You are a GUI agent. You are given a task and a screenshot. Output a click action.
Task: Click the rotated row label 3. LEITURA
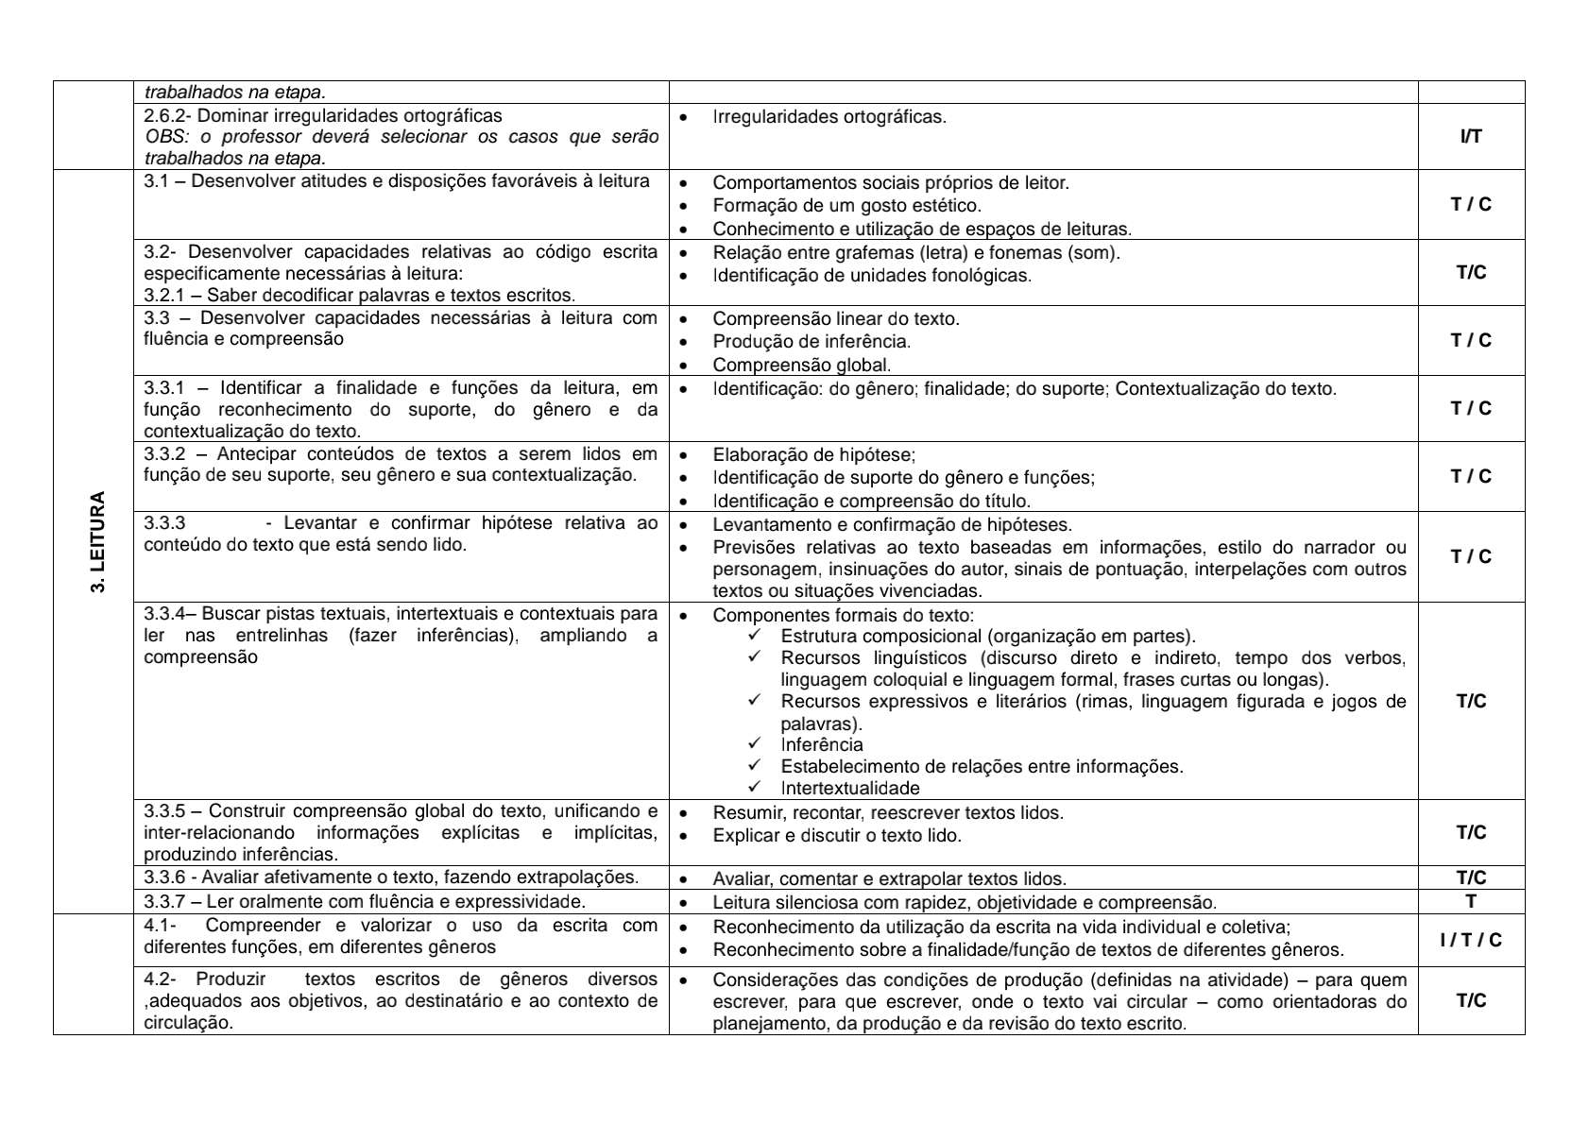(97, 542)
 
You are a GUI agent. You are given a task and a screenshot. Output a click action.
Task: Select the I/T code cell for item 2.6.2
(1470, 137)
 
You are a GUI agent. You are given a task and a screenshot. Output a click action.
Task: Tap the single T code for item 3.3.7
(1470, 902)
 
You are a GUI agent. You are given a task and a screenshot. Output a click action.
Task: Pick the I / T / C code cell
(1470, 940)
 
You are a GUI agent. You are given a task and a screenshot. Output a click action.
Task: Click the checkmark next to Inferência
(754, 744)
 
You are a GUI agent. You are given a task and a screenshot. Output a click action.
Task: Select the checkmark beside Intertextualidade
(754, 788)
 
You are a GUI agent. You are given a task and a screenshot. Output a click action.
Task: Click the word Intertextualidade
(849, 789)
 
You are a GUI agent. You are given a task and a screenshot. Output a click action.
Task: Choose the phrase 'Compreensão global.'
(801, 366)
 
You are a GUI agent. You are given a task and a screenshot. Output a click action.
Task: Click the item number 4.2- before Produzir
(160, 979)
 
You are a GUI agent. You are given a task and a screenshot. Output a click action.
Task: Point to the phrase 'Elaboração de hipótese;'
(813, 455)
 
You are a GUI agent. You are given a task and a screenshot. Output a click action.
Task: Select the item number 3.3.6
(164, 877)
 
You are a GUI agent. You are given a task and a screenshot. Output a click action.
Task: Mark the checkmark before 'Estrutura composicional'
(754, 636)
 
